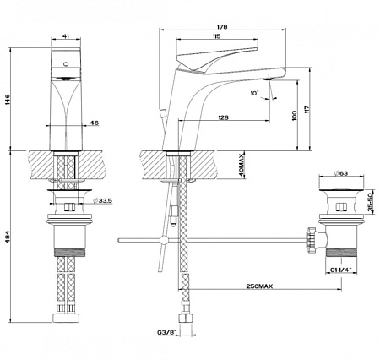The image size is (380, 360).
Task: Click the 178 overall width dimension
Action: click(222, 27)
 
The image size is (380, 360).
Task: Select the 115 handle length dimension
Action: click(216, 36)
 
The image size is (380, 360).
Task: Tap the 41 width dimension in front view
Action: click(65, 36)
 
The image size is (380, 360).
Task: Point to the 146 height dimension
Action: click(8, 99)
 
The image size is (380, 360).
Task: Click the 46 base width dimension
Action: click(95, 123)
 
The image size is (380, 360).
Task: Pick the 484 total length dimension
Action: click(8, 237)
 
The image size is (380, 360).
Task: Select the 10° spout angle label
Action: click(254, 93)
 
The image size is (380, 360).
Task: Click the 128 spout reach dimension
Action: click(223, 117)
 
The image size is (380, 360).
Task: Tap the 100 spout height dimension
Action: click(295, 116)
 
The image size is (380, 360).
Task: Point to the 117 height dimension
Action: click(307, 109)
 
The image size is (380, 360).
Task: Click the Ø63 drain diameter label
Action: click(341, 173)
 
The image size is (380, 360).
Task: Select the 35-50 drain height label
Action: click(370, 202)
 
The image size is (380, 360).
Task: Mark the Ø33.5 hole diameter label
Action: click(102, 200)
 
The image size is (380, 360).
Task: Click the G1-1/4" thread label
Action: click(341, 270)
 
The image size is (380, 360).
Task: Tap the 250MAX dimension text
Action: click(259, 286)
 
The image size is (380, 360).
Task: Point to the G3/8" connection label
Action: click(166, 333)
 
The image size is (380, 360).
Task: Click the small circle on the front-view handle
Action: click(66, 64)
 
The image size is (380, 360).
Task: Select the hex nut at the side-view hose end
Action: click(186, 318)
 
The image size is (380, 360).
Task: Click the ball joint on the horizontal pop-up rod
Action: click(164, 240)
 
